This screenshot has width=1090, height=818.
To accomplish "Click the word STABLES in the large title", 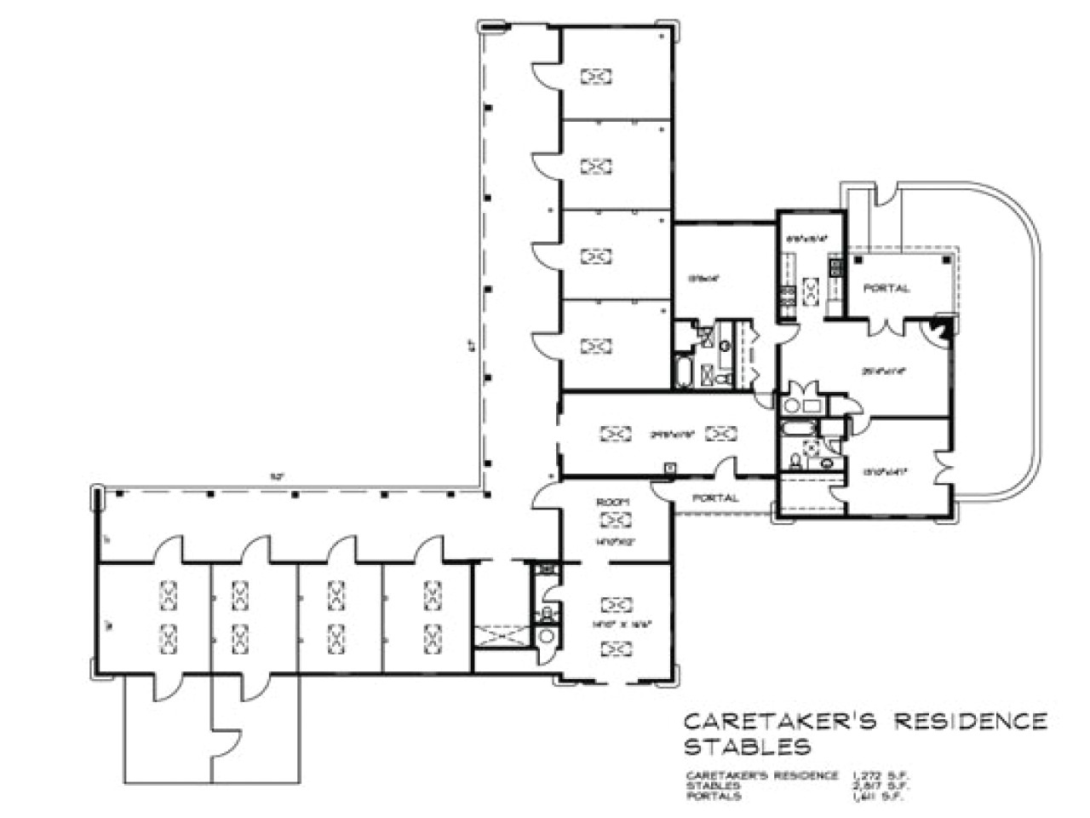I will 748,747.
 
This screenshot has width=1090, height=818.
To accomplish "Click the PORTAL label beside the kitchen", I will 886,288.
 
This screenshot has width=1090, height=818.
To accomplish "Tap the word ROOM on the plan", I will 611,504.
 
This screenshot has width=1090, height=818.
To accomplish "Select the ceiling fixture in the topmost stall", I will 596,77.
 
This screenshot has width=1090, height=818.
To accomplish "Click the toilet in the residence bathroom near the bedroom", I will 795,461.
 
